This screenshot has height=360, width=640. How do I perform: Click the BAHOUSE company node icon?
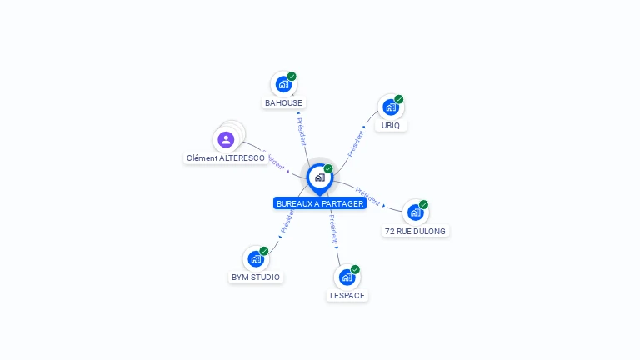click(x=283, y=84)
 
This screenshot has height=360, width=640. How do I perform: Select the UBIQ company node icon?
click(x=390, y=107)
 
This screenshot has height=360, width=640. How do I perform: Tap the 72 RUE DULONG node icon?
click(x=415, y=212)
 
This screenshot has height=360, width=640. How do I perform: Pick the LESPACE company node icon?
click(x=347, y=277)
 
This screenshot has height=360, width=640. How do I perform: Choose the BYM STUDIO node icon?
click(x=256, y=258)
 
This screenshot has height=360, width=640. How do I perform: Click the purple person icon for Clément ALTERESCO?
click(x=226, y=139)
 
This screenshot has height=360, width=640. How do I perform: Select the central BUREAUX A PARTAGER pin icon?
click(x=319, y=177)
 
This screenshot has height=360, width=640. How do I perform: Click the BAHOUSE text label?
click(x=283, y=103)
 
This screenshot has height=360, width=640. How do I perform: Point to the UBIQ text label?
click(x=391, y=126)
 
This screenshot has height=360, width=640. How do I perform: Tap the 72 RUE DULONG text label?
click(x=415, y=231)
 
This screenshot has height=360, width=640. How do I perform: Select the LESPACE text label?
click(x=347, y=295)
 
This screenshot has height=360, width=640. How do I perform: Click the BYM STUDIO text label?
click(x=256, y=277)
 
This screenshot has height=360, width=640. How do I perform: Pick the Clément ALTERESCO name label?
click(x=226, y=157)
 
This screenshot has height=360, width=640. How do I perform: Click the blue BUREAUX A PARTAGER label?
click(x=320, y=203)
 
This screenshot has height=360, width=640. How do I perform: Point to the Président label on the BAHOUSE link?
click(x=302, y=130)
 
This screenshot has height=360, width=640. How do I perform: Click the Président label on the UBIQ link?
click(x=357, y=142)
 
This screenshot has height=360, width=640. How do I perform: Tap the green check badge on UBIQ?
click(x=399, y=99)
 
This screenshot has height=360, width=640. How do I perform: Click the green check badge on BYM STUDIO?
click(x=264, y=251)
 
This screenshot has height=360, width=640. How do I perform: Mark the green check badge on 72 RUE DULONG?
click(x=423, y=204)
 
